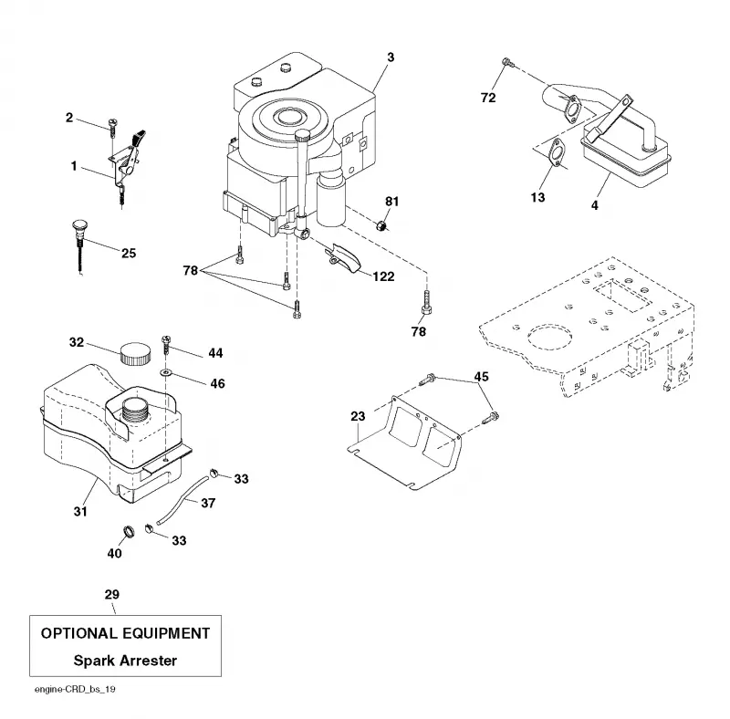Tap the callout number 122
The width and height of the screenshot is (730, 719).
pos(383,276)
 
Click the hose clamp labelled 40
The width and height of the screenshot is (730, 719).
pos(128,531)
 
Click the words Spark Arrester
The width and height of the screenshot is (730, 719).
pos(125,661)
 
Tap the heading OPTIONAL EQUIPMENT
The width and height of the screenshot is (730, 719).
pos(125,633)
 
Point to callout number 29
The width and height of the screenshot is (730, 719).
pos(111,595)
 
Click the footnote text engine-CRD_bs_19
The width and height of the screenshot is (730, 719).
pos(75,689)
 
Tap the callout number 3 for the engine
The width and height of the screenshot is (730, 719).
pos(391,57)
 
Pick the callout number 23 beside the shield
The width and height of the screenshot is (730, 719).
pos(358,416)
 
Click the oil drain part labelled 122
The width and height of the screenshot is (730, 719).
pos(343,257)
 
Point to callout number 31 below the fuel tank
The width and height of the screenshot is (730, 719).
pos(80,511)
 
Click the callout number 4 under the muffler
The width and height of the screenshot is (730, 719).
pos(595,205)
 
